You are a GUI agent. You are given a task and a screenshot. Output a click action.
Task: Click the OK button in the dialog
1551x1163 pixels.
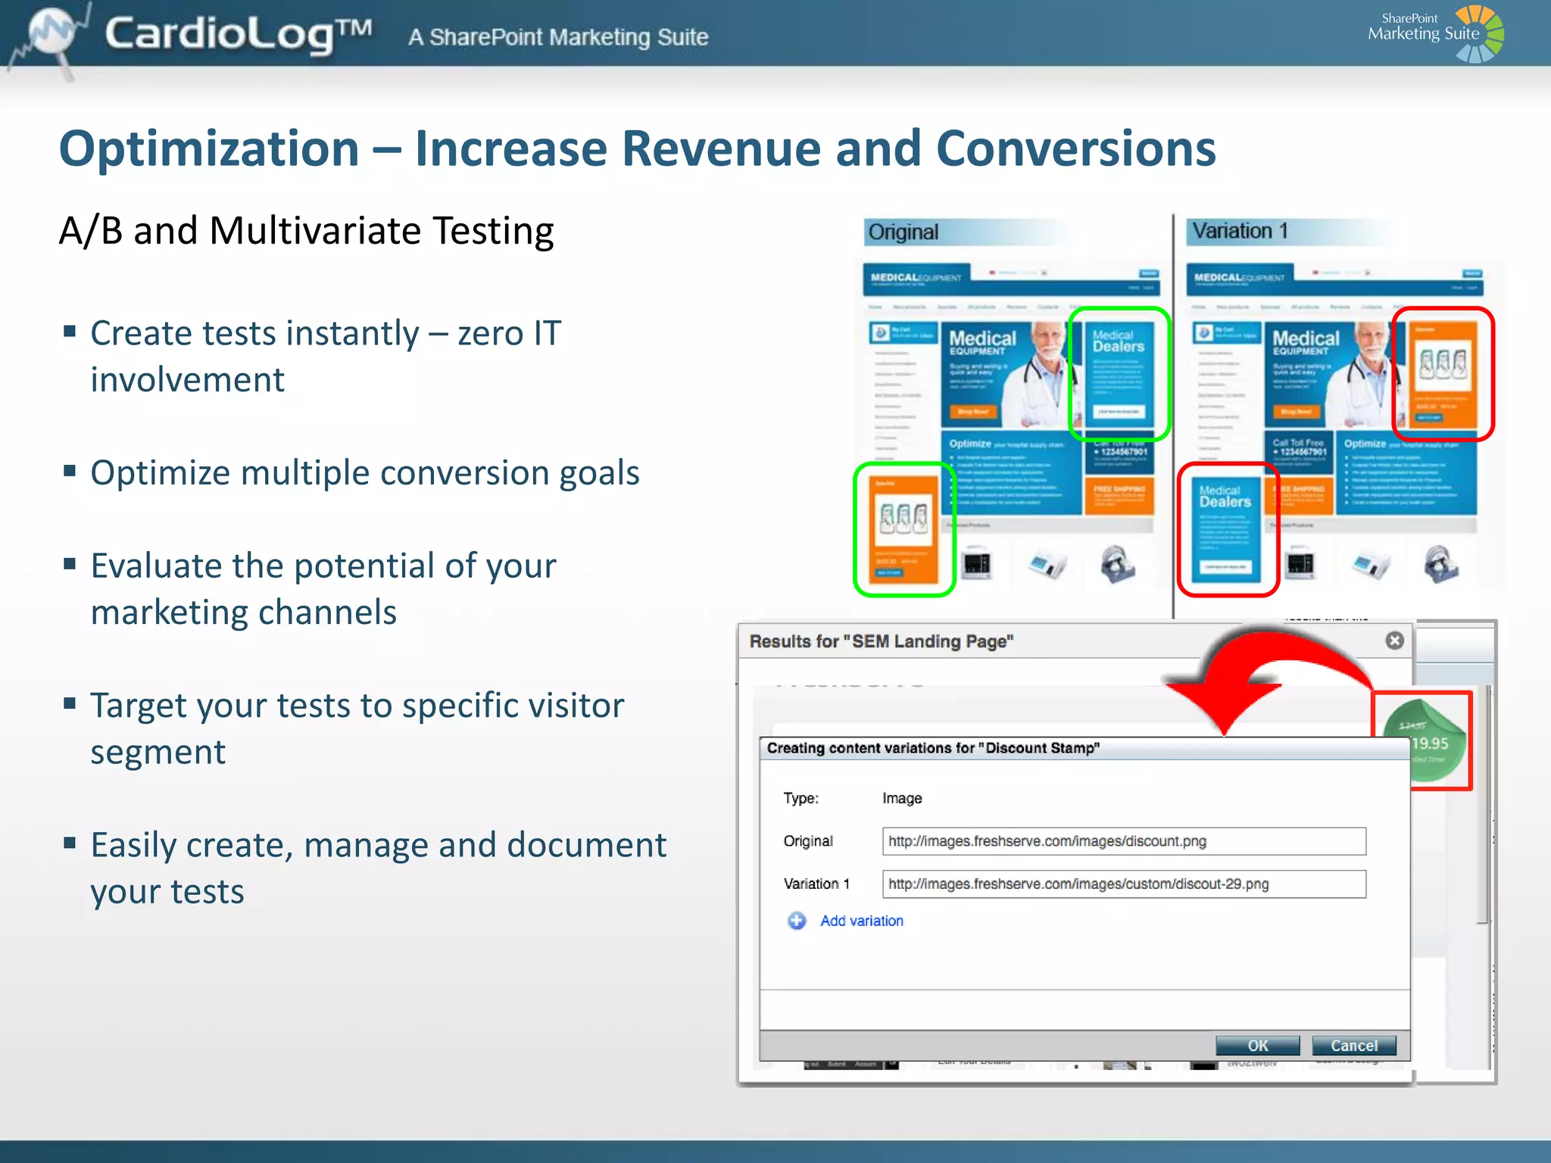click(1257, 1046)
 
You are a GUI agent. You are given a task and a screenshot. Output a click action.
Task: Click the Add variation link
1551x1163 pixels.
click(861, 921)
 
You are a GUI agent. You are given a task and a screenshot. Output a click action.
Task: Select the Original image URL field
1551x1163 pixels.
click(1123, 841)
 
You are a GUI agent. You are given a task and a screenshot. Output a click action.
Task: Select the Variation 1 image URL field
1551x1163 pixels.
click(1123, 884)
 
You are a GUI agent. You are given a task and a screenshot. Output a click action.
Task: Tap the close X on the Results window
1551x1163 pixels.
click(1394, 641)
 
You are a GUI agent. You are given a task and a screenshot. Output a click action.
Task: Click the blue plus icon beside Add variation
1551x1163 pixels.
click(796, 921)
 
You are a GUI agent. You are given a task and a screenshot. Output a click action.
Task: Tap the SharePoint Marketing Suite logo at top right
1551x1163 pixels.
click(1435, 33)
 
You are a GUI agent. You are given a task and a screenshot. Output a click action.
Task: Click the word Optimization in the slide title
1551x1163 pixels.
click(209, 148)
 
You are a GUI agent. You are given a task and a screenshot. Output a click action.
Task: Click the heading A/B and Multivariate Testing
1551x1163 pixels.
click(307, 231)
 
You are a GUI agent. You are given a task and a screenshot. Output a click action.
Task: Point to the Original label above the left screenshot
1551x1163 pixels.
click(903, 232)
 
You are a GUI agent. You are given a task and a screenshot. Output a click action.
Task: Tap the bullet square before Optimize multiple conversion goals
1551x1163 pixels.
click(70, 471)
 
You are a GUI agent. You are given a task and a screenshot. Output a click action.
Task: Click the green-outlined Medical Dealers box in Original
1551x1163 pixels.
click(1119, 373)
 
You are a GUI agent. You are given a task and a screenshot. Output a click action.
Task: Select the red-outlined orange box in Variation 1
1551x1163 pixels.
click(1442, 373)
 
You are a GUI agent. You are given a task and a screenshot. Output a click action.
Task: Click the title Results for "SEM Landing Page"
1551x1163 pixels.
click(881, 641)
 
